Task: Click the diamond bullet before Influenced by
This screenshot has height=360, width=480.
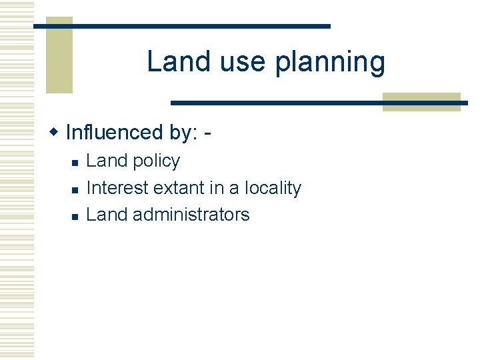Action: click(55, 132)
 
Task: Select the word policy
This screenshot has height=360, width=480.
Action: click(157, 161)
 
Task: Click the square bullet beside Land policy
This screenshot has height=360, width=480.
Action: click(75, 163)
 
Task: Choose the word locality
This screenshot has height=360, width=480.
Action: click(273, 188)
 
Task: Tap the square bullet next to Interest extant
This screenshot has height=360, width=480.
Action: click(75, 190)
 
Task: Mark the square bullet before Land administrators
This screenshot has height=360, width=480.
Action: click(75, 217)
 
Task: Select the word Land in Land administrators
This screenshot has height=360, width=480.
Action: click(107, 215)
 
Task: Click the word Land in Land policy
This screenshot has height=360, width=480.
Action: click(107, 161)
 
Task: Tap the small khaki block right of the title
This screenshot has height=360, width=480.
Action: click(421, 101)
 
